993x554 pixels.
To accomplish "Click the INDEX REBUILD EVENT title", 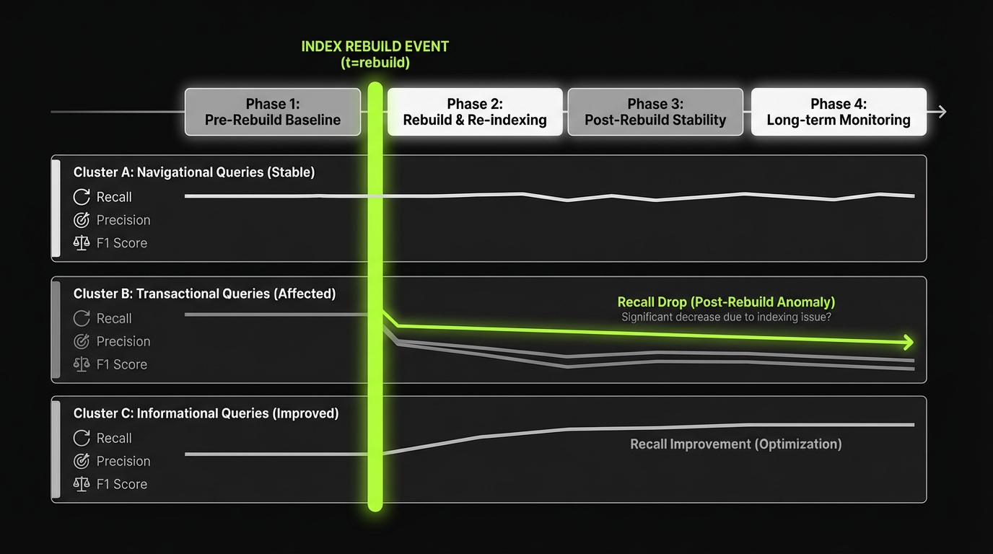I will tap(375, 47).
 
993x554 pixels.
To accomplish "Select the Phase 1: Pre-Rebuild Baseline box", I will tap(273, 112).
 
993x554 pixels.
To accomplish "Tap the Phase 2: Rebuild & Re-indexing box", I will tap(475, 112).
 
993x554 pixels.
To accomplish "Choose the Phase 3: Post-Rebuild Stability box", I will tap(655, 112).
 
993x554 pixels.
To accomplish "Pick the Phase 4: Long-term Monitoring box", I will tap(839, 112).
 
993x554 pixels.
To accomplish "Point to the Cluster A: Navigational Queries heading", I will tap(193, 172).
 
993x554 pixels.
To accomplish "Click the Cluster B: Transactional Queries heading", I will tap(204, 294).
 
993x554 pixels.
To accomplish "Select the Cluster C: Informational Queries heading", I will tap(206, 413).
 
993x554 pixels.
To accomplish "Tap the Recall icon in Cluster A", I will tap(82, 197).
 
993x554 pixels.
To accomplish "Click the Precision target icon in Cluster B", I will tap(82, 341).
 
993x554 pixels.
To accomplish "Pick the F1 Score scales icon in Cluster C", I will tap(82, 484).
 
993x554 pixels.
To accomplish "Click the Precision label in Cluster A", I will tap(123, 220).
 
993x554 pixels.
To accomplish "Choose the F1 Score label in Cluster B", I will tap(122, 364).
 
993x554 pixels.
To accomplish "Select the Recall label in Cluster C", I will tap(114, 438).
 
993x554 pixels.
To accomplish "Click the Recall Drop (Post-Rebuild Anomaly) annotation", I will tap(726, 302).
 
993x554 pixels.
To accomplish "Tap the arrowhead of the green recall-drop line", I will tap(908, 342).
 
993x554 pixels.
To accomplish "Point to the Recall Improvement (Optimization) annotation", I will tap(736, 444).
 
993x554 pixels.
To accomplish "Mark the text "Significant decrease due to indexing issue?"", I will tap(726, 317).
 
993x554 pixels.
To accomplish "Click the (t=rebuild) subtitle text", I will tap(375, 63).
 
